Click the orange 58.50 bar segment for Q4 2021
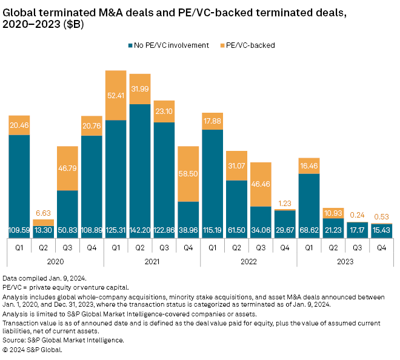[x=188, y=174]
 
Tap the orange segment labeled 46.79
[x=67, y=168]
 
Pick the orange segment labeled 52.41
[x=116, y=95]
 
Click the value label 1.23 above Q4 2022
[x=285, y=203]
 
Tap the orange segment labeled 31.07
[x=237, y=165]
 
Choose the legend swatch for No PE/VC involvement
[x=130, y=45]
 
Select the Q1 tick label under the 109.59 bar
[x=19, y=247]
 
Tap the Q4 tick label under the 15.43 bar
[x=382, y=247]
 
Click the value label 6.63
[x=43, y=213]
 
